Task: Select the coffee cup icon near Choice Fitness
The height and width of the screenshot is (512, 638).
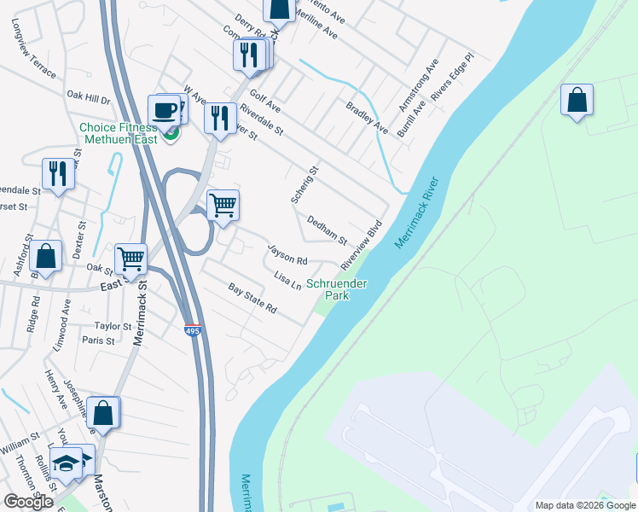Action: [x=165, y=110]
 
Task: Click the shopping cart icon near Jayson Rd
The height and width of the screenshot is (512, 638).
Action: [x=223, y=204]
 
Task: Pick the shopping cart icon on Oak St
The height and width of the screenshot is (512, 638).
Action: [x=130, y=258]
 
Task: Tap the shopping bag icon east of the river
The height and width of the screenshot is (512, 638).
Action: [x=577, y=100]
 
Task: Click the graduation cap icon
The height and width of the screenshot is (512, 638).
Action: [x=66, y=463]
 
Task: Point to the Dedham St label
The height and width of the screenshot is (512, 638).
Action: [x=327, y=229]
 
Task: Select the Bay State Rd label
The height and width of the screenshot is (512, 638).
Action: [x=253, y=298]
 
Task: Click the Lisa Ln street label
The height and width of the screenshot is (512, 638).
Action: [x=288, y=279]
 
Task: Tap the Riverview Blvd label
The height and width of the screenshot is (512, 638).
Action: [x=362, y=247]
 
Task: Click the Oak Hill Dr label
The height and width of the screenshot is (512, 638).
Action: [x=89, y=99]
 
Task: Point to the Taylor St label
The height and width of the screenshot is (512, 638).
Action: [x=113, y=326]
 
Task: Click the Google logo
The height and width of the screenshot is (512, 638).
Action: [x=28, y=502]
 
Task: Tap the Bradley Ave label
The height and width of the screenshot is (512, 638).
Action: [x=367, y=117]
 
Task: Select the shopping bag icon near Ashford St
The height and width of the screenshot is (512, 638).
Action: [x=47, y=256]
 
